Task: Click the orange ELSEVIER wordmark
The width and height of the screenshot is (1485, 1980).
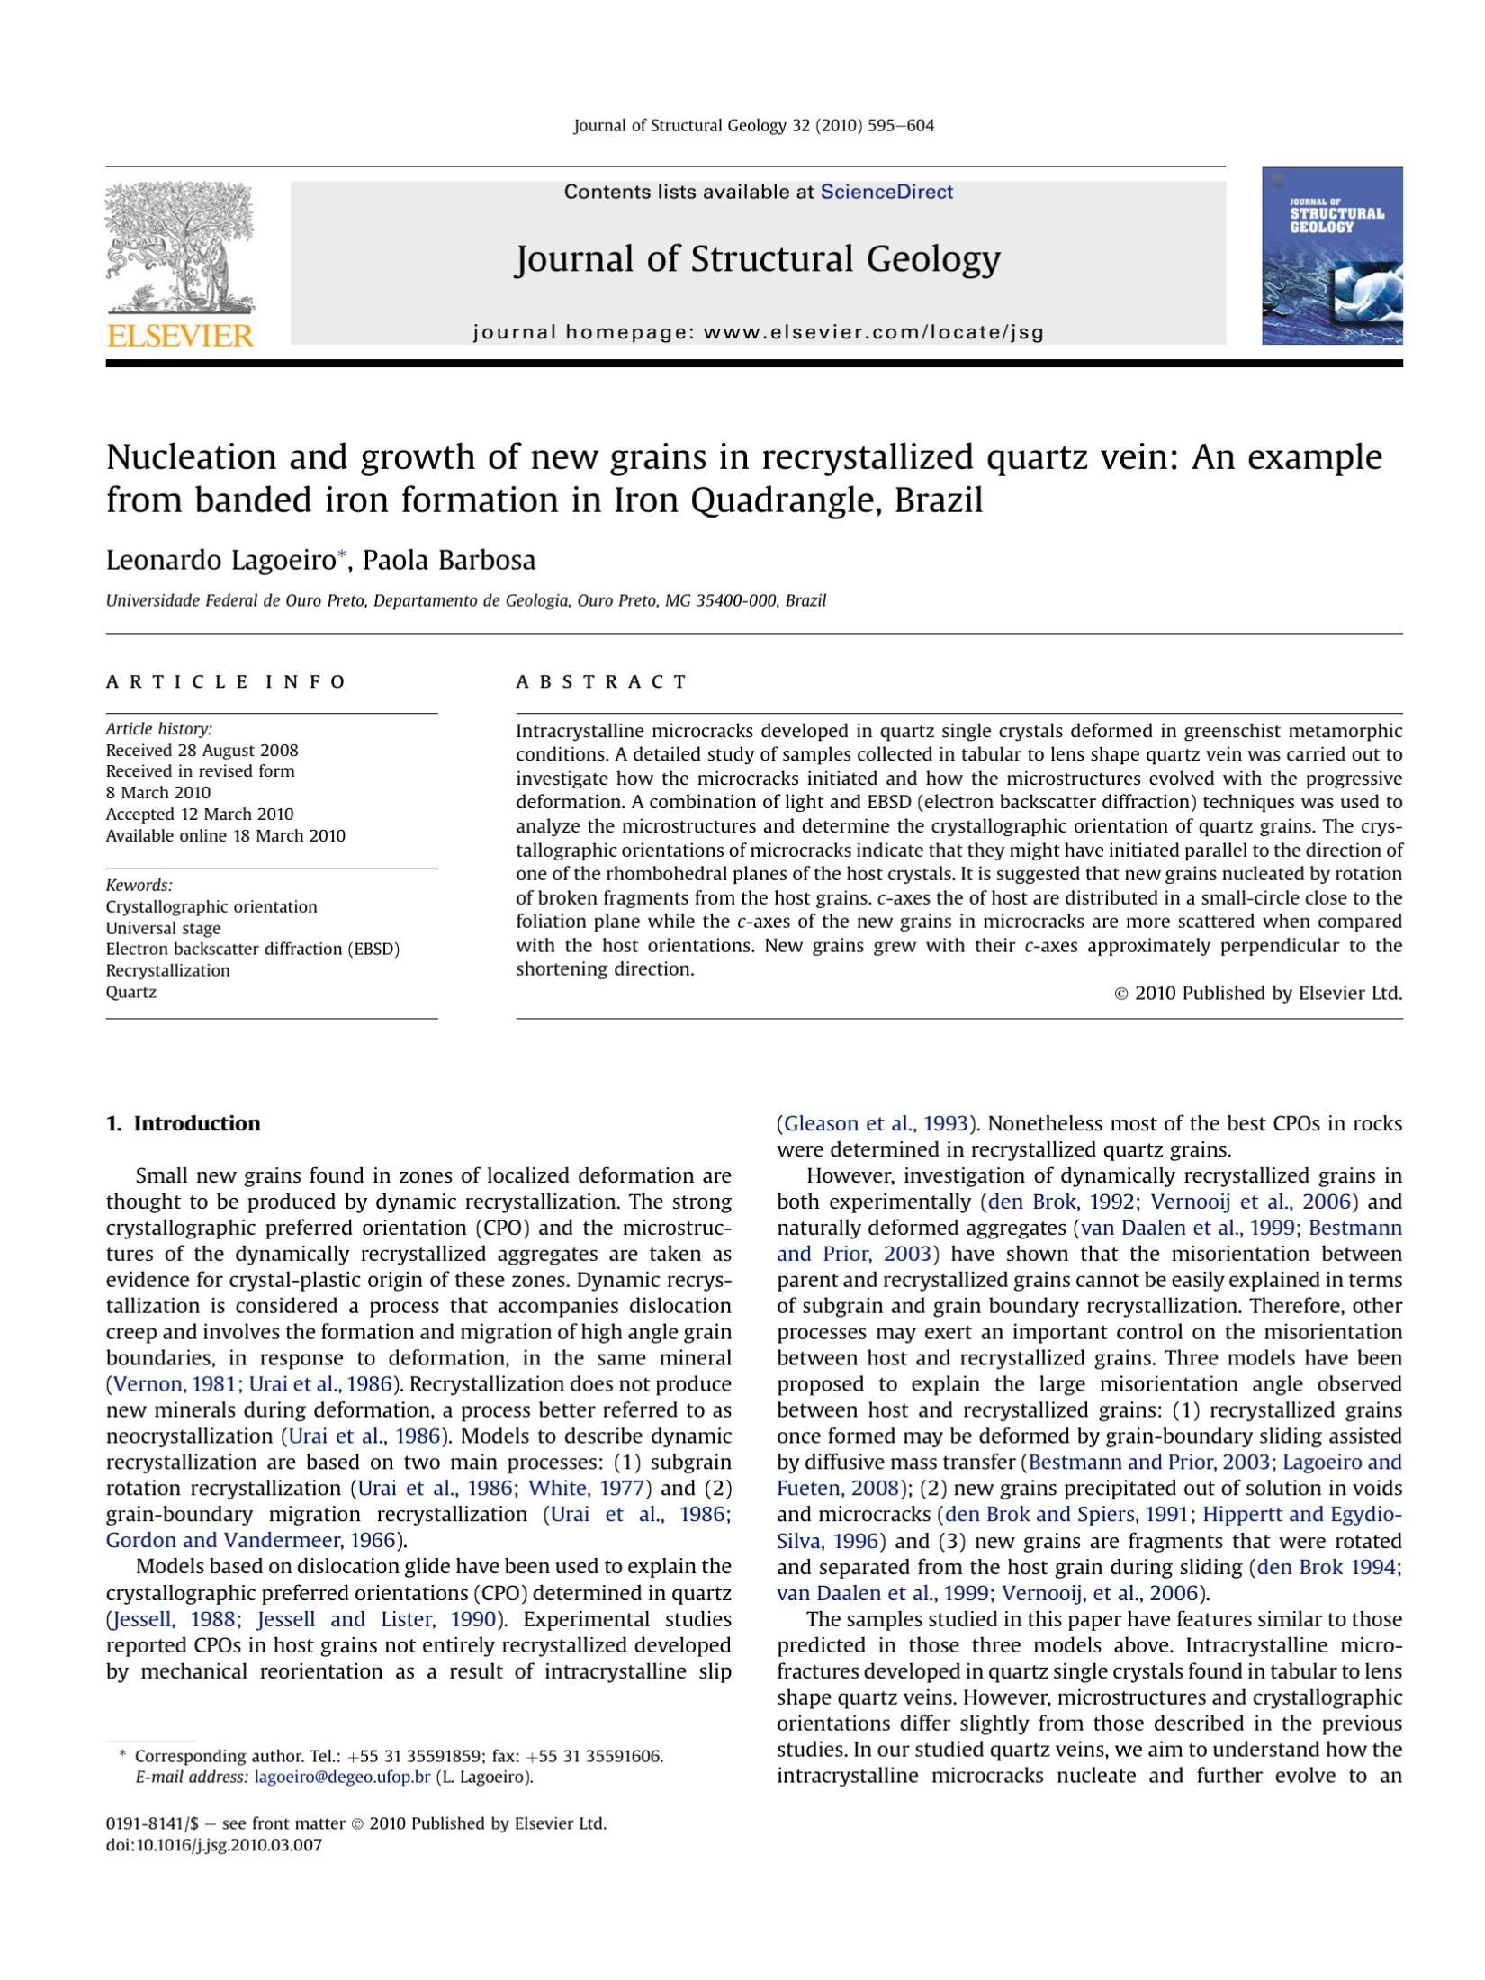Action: (x=180, y=337)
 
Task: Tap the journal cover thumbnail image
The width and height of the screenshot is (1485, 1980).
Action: (x=1331, y=256)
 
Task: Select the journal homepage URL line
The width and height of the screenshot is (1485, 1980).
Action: (x=758, y=332)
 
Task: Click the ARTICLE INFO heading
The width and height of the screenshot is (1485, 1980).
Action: (x=225, y=681)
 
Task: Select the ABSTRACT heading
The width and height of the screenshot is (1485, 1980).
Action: (x=600, y=681)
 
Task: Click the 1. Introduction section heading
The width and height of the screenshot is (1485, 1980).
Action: (x=184, y=1123)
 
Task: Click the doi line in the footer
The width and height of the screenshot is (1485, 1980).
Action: (x=213, y=1844)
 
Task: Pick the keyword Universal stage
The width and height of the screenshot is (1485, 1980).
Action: (x=163, y=928)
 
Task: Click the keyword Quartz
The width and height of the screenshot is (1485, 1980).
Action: (x=131, y=992)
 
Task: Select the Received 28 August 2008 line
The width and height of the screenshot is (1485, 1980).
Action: (x=202, y=750)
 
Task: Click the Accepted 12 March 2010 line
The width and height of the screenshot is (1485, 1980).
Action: (x=200, y=814)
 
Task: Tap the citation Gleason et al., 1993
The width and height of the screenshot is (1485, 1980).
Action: (x=876, y=1123)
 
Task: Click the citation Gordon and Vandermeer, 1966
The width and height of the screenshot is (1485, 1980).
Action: (x=250, y=1540)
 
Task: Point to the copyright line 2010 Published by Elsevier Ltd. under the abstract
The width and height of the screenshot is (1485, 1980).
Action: (x=1258, y=993)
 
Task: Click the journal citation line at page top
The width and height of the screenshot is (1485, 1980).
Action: (x=753, y=126)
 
